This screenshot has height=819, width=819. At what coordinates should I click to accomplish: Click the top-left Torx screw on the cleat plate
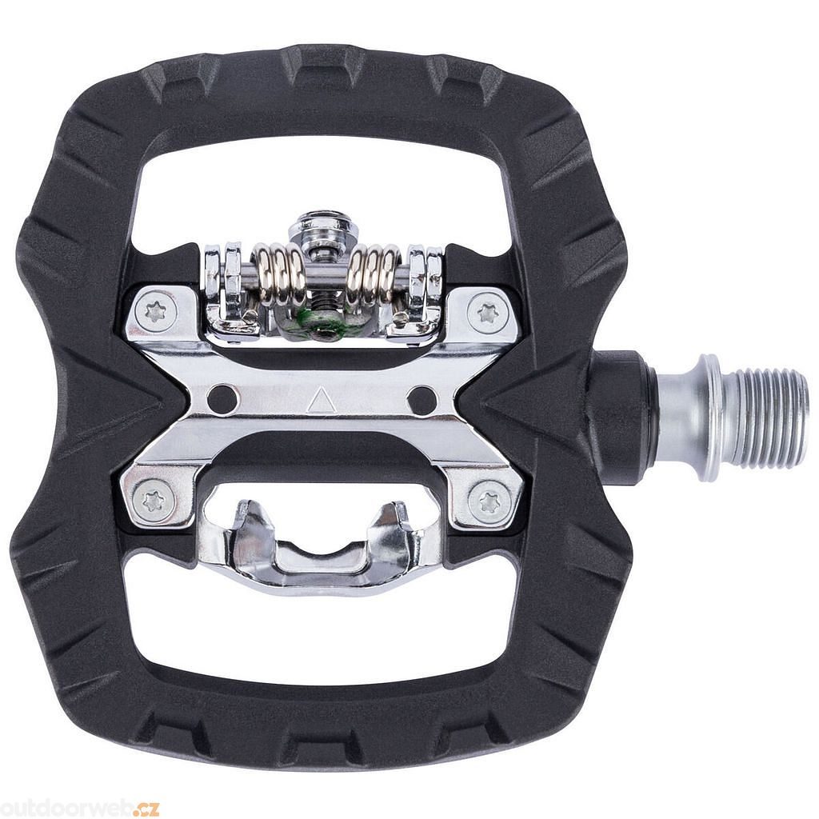[x=156, y=314]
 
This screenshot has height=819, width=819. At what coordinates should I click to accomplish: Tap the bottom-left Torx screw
[x=153, y=501]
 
